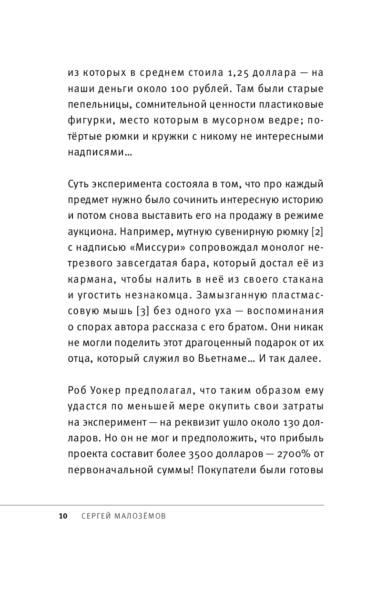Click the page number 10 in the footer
[62, 517]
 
